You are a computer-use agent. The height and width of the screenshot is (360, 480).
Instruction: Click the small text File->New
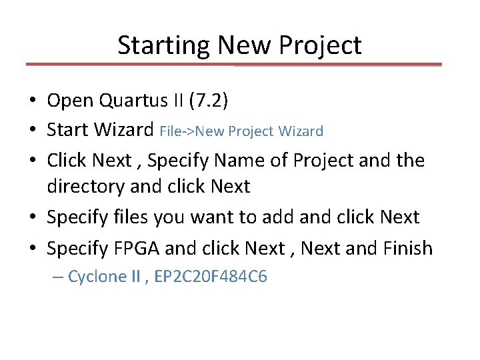[x=185, y=131]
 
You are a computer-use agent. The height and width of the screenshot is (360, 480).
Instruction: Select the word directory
[x=85, y=187]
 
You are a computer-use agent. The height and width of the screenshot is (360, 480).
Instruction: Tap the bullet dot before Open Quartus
[x=32, y=101]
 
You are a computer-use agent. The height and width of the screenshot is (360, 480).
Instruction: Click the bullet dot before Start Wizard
[x=32, y=130]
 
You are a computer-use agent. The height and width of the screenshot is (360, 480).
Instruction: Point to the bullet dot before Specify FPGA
[x=32, y=247]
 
